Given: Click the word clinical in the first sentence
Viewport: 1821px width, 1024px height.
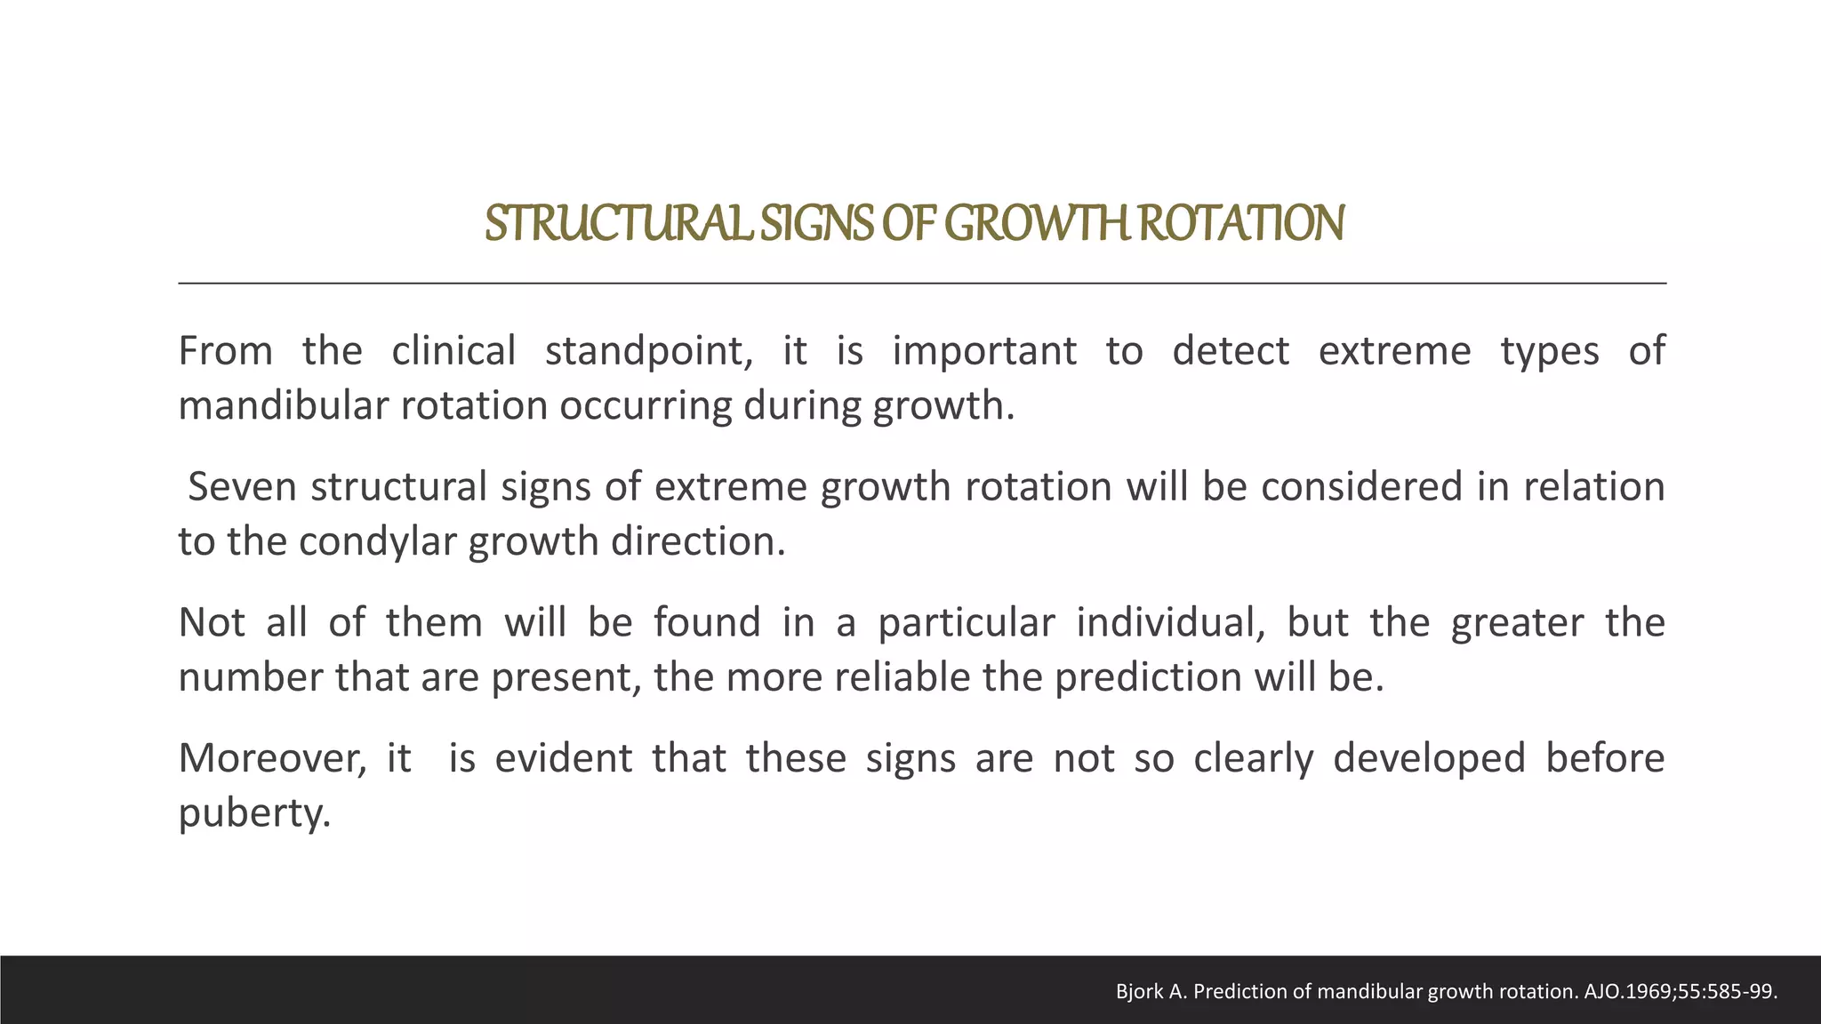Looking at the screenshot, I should (453, 350).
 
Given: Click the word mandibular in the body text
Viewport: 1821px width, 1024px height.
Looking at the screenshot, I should (275, 406).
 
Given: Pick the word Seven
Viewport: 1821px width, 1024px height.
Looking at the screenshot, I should (242, 487).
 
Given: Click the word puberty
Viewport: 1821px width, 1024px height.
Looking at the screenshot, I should (254, 814).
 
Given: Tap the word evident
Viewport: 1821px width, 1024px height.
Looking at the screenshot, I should (563, 758).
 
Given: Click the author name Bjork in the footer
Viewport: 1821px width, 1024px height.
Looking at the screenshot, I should (1139, 992).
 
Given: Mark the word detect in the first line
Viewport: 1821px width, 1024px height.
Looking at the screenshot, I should (1230, 350).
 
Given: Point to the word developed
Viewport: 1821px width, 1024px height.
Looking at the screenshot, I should (1428, 758).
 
